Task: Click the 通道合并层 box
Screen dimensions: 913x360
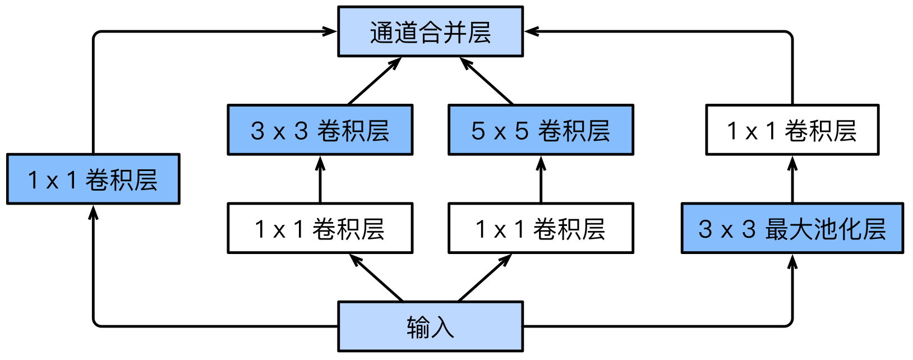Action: click(x=430, y=31)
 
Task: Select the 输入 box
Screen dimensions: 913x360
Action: click(x=430, y=326)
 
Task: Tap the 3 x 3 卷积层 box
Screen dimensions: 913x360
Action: click(x=320, y=130)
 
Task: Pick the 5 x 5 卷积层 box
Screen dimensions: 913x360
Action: click(x=541, y=130)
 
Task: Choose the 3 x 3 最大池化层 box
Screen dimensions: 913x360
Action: click(x=792, y=228)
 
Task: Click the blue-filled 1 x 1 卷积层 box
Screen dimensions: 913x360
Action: click(x=93, y=179)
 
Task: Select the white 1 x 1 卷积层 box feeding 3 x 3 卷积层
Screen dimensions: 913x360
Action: click(x=320, y=228)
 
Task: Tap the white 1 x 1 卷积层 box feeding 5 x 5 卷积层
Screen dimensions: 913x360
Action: click(x=541, y=228)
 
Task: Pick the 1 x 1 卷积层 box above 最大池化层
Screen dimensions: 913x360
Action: click(x=792, y=130)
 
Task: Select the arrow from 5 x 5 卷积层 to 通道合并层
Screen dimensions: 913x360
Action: click(x=486, y=81)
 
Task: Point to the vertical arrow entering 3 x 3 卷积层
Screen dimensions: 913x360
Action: click(x=320, y=179)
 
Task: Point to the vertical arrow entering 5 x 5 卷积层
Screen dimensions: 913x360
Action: click(x=541, y=179)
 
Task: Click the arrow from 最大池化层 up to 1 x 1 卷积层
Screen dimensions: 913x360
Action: click(x=792, y=179)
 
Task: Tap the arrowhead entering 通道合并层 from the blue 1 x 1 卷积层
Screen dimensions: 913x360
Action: click(x=330, y=31)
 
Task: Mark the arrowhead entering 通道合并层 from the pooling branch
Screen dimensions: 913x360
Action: click(x=532, y=31)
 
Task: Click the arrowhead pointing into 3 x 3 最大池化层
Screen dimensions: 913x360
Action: click(x=792, y=262)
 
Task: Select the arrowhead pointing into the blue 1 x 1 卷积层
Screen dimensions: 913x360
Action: click(x=93, y=213)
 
